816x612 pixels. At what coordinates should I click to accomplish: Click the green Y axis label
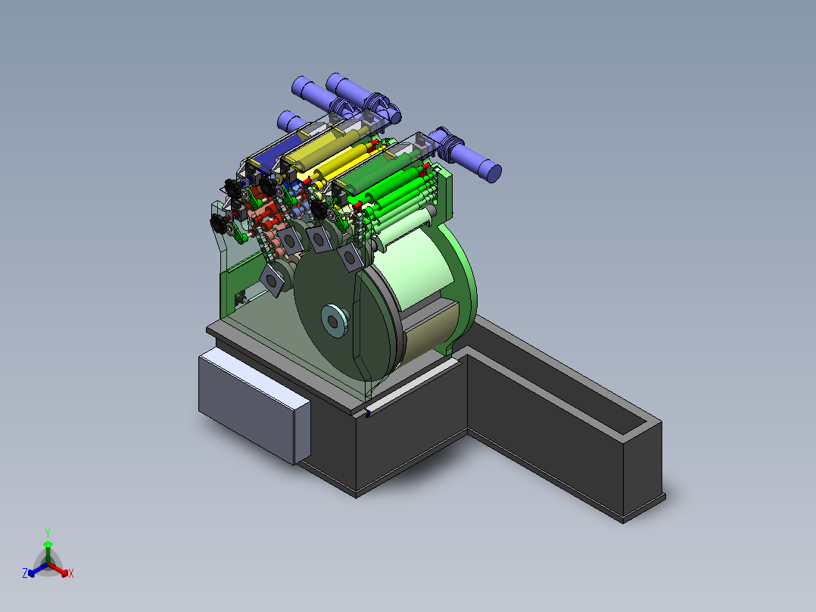click(48, 532)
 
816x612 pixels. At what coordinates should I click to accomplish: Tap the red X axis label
click(71, 573)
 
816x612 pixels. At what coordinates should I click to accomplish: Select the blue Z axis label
click(25, 573)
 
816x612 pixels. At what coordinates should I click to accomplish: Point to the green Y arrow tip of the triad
click(48, 543)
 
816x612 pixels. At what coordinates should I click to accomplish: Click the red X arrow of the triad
click(59, 570)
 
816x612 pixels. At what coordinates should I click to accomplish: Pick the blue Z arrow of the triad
click(38, 570)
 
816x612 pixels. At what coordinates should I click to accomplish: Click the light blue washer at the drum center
click(334, 321)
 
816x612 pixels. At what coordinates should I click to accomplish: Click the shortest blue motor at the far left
click(292, 122)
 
